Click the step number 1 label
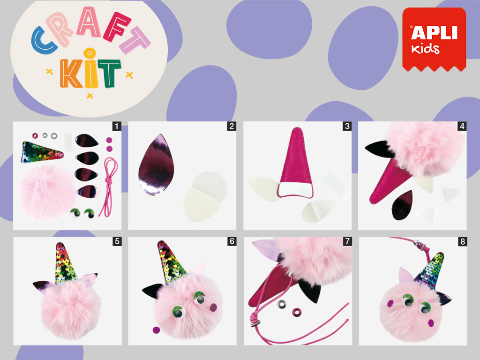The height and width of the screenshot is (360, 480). pos(117,126)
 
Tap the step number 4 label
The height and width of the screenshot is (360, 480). pos(462,126)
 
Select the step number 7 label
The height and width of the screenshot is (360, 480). pos(347,241)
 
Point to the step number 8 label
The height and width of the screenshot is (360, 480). pos(463,241)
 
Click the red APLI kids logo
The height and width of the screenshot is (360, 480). pos(434,39)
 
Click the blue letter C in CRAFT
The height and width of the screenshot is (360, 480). pos(44,40)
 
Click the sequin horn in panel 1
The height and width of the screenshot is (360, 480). pos(42,152)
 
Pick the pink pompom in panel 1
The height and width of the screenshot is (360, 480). pos(46,192)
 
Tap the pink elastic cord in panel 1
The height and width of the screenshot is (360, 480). pos(109,186)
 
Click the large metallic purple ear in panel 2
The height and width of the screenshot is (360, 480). pos(156,165)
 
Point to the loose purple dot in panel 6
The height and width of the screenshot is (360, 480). pos(156,330)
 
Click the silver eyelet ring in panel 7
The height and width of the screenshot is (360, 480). pos(282,304)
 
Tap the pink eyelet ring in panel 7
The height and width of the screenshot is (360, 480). pos(297,313)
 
